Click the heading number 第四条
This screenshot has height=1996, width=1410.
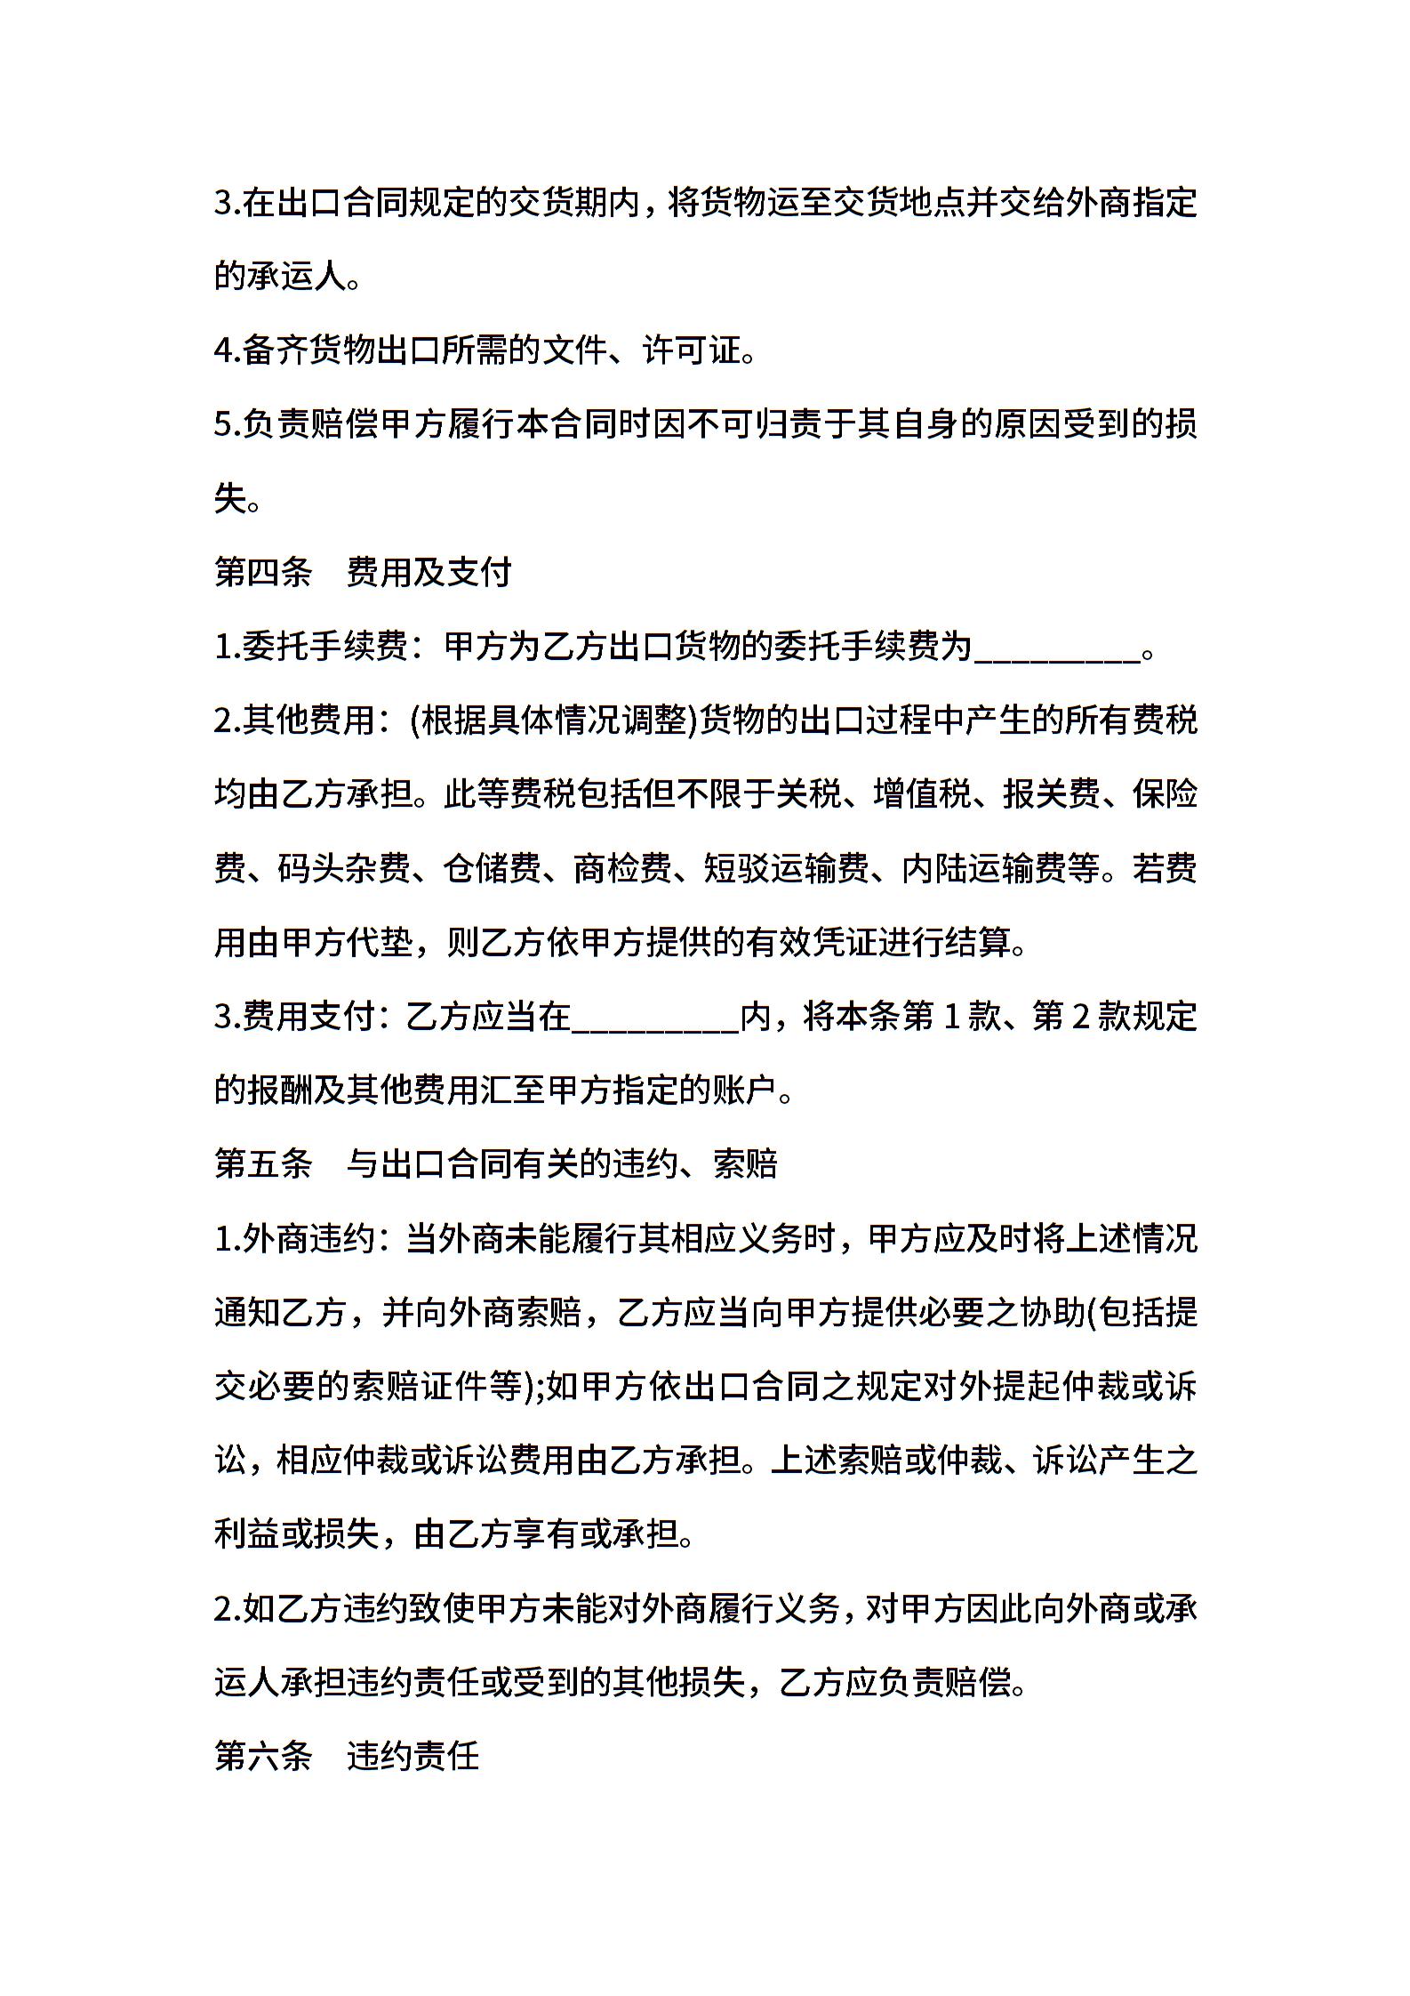click(x=263, y=572)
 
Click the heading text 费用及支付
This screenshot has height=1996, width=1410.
click(x=429, y=572)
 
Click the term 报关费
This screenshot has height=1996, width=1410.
click(x=1052, y=794)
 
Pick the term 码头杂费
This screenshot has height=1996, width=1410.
click(x=344, y=868)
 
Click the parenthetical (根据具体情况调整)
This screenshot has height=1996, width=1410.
click(x=552, y=720)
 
